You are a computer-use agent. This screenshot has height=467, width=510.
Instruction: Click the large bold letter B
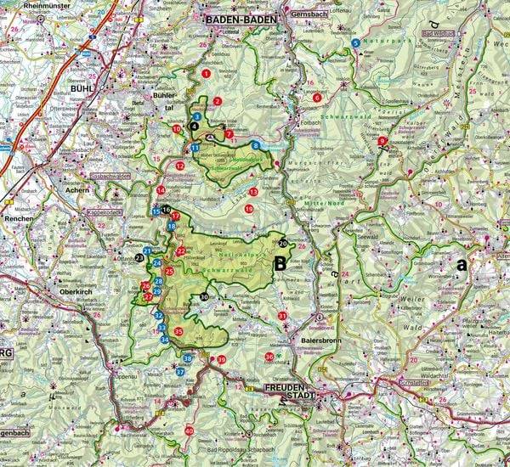coord(279,264)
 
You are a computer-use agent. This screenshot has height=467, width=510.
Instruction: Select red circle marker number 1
coord(206,74)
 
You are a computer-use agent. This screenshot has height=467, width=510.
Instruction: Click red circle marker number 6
coord(317,98)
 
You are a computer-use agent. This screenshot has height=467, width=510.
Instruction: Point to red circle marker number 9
coord(382,141)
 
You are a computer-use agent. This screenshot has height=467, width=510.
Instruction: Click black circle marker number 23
coord(139,257)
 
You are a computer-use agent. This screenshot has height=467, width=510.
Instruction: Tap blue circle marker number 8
coord(255,146)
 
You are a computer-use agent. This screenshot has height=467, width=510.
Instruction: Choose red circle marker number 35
coord(178,331)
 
